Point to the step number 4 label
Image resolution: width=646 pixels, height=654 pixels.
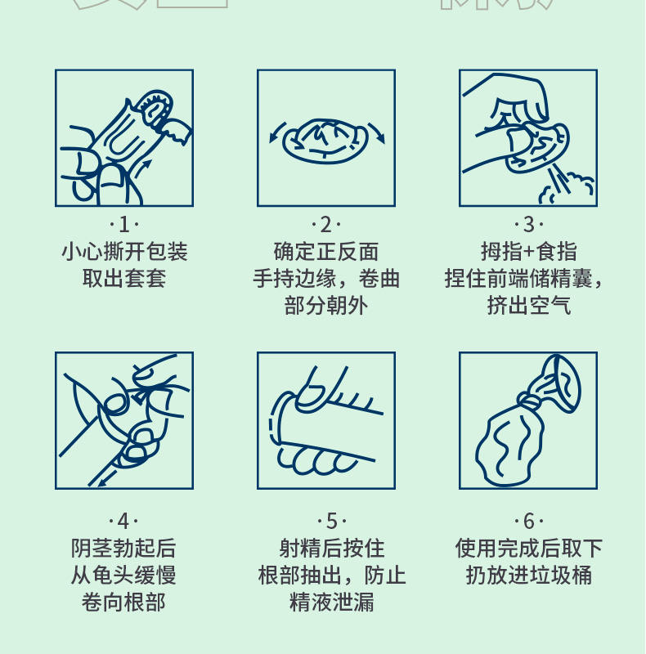click(124, 521)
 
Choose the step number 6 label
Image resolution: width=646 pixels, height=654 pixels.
click(528, 521)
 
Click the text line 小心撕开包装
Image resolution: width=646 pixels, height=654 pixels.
click(124, 252)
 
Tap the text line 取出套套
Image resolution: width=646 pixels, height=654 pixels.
click(124, 279)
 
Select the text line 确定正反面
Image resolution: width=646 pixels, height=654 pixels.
click(326, 252)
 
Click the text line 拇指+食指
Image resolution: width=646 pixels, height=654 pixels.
click(528, 252)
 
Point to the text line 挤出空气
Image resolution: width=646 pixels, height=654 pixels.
click(528, 306)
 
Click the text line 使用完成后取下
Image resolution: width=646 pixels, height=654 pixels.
click(528, 548)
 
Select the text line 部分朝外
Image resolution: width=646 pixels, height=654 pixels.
click(326, 306)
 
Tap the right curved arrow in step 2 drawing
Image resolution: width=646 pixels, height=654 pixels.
click(377, 133)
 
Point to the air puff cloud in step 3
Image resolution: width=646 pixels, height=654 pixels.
click(577, 187)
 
